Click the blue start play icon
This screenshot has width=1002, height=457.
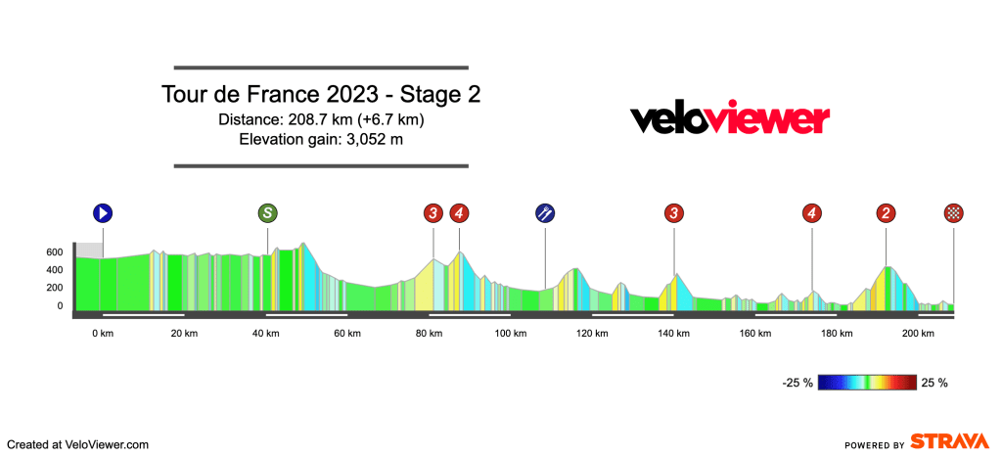pos(103,213)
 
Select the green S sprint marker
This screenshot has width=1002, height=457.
pos(267,213)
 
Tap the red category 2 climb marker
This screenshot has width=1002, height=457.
pos(886,213)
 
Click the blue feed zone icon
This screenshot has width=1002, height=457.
pos(546,213)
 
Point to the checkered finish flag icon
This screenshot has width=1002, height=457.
pos(953,213)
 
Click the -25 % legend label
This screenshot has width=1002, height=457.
pos(798,383)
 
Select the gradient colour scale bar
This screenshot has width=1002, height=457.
pos(867,383)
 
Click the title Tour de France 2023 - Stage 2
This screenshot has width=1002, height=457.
pos(321,96)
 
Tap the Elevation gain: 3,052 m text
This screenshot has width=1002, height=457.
pos(321,139)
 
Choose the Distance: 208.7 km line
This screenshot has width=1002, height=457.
pos(321,119)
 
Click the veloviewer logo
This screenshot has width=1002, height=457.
pos(729,119)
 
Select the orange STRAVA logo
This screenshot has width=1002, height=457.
pos(948,441)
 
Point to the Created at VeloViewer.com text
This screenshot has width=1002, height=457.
pos(77,444)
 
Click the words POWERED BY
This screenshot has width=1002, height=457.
pos(872,445)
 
